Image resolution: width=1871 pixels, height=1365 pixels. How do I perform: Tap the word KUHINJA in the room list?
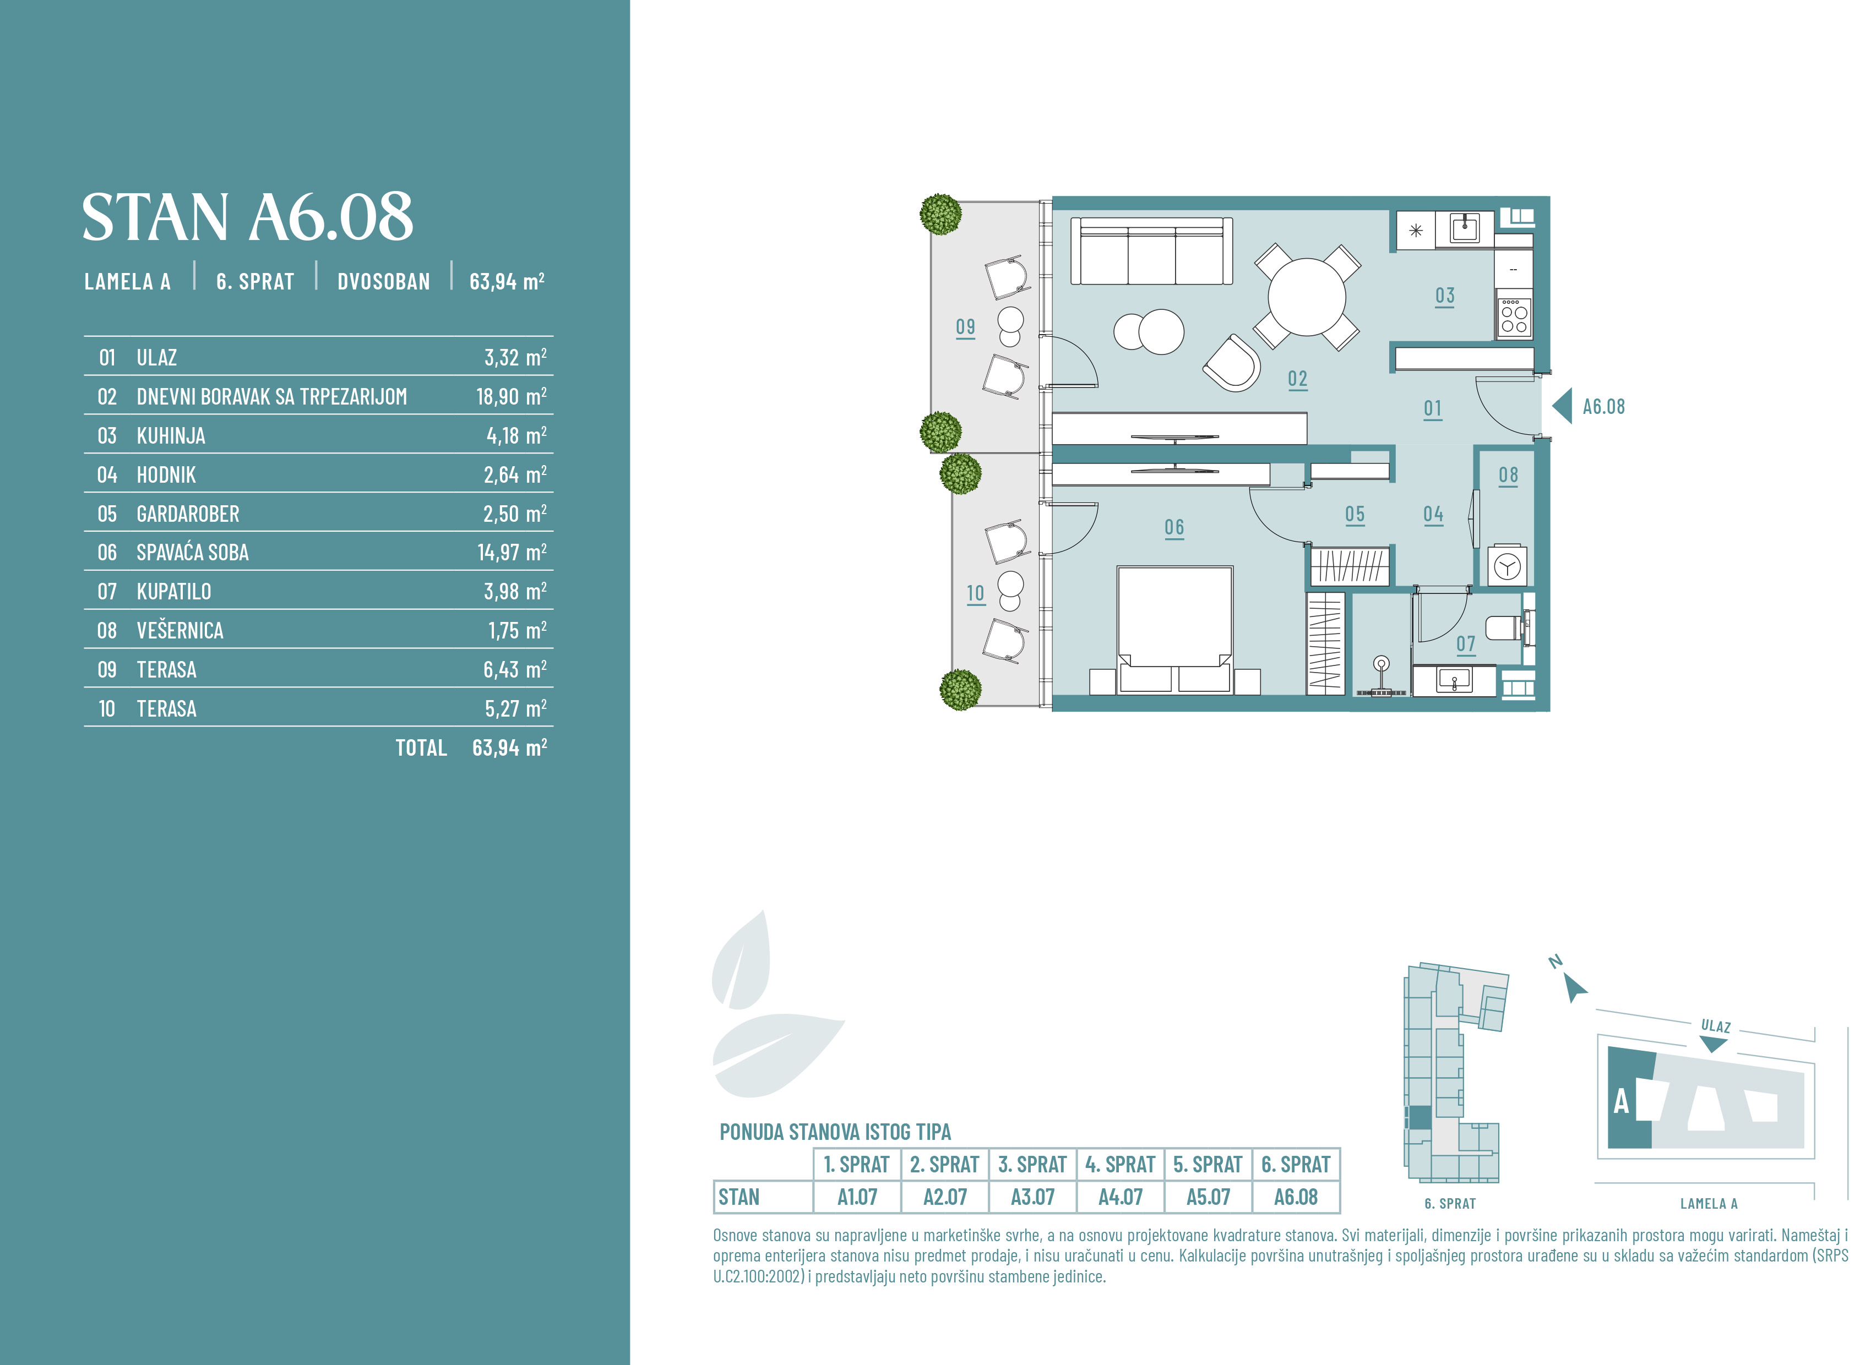click(x=171, y=435)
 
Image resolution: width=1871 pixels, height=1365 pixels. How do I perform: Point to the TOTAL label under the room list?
click(x=421, y=748)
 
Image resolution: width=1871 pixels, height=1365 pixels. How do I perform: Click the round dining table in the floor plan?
click(x=1307, y=297)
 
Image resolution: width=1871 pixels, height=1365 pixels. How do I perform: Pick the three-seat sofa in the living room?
click(x=1151, y=251)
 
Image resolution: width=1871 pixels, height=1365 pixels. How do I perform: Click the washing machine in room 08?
click(x=1508, y=566)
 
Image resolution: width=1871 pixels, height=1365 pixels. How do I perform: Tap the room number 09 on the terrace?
click(x=965, y=327)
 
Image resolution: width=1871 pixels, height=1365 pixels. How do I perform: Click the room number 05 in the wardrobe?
click(x=1355, y=514)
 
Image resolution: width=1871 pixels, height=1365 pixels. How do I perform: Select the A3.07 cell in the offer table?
click(x=1032, y=1197)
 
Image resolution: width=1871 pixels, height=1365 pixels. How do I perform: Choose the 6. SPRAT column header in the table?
click(x=1295, y=1164)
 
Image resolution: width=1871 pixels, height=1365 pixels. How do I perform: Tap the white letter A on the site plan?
click(x=1622, y=1101)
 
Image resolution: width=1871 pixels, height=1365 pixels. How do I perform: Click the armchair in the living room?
click(x=1232, y=363)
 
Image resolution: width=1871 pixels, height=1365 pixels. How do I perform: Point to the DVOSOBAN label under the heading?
click(x=383, y=282)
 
